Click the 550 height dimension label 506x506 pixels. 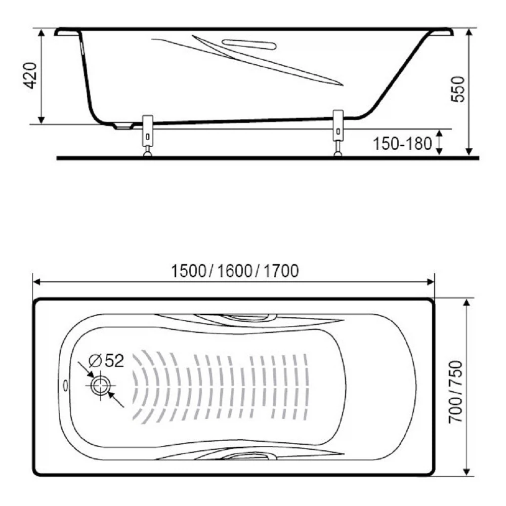click(x=458, y=90)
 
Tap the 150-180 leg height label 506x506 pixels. click(x=402, y=144)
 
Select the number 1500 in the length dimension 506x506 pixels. click(x=188, y=271)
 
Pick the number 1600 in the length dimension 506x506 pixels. click(x=234, y=271)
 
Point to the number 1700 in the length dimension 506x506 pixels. click(x=281, y=271)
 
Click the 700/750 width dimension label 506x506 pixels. click(x=456, y=391)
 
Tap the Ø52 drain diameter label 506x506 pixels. click(x=106, y=360)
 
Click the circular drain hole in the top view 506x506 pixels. click(x=101, y=386)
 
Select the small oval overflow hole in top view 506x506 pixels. click(x=66, y=385)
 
